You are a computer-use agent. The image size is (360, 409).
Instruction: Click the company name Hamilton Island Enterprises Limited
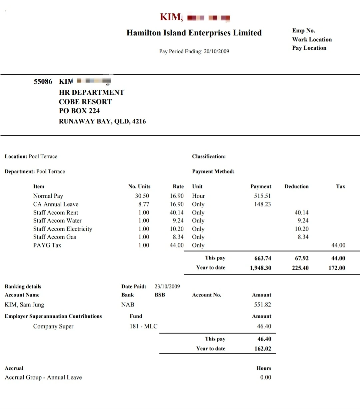coord(194,33)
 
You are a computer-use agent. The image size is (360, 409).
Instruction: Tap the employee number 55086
coord(43,81)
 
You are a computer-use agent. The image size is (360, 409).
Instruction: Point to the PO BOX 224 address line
coord(79,111)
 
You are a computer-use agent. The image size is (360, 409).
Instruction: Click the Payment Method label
coord(213,171)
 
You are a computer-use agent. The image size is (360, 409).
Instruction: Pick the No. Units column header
coord(139,186)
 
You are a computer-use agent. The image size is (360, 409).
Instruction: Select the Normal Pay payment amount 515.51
coord(262,196)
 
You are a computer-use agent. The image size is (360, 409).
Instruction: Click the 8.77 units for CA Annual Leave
coord(144,204)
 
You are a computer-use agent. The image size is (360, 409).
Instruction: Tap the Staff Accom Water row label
coord(57,220)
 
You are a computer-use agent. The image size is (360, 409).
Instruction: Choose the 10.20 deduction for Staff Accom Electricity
coord(302,229)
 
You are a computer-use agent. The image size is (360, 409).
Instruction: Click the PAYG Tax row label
coord(47,245)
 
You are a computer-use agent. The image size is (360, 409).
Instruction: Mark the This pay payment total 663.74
coord(263,258)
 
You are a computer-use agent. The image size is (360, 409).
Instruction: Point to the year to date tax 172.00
coord(337,268)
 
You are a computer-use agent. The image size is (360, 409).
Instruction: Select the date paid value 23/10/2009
coord(167,286)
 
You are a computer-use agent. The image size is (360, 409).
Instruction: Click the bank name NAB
coord(128,305)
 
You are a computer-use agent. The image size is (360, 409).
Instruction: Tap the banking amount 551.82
coord(262,305)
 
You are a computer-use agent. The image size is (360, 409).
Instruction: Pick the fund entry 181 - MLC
coord(143,326)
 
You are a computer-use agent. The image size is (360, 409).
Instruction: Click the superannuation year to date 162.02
coord(263,349)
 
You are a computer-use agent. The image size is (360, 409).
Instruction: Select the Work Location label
coord(312,39)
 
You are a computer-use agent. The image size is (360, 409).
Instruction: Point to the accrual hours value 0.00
coord(266,377)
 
